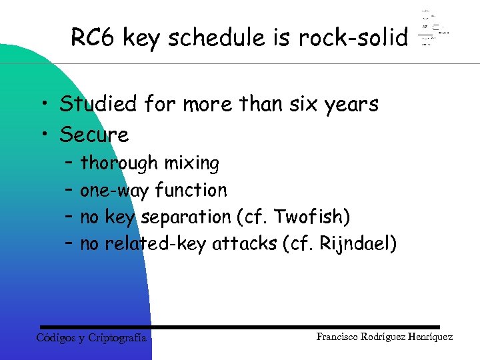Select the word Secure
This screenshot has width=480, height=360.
(x=94, y=135)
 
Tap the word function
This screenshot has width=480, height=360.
(x=191, y=190)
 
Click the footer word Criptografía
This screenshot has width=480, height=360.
(x=117, y=337)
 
